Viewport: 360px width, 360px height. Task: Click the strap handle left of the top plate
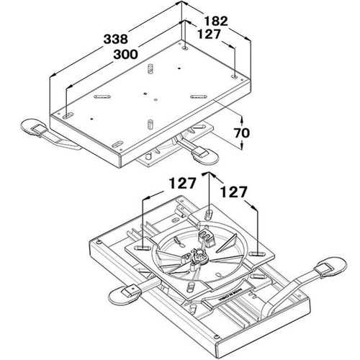point(35,127)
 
